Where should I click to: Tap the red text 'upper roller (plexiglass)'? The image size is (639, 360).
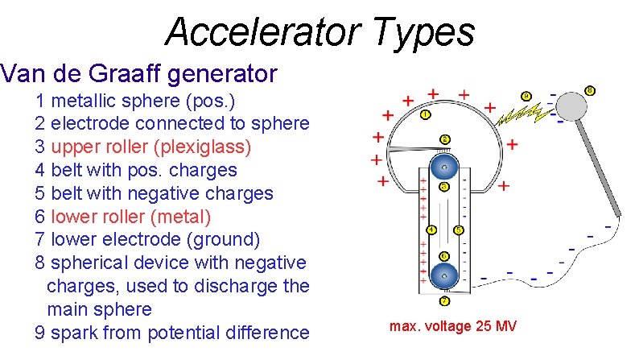pyautogui.click(x=150, y=147)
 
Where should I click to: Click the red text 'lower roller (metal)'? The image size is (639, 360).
pyautogui.click(x=130, y=217)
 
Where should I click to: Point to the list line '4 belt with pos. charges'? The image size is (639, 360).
pyautogui.click(x=136, y=170)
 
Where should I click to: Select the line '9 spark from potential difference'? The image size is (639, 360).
pyautogui.click(x=171, y=333)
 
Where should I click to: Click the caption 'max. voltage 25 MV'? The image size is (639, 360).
pyautogui.click(x=452, y=326)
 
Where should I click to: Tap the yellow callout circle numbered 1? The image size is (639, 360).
pyautogui.click(x=426, y=114)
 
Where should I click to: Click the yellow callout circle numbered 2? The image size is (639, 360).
pyautogui.click(x=444, y=139)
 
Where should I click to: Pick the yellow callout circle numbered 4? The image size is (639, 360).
pyautogui.click(x=431, y=230)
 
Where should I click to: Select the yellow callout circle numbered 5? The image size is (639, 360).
pyautogui.click(x=459, y=230)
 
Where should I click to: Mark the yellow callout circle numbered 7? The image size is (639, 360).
pyautogui.click(x=444, y=301)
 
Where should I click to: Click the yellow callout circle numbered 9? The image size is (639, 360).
pyautogui.click(x=526, y=97)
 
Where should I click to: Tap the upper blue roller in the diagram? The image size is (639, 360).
pyautogui.click(x=443, y=169)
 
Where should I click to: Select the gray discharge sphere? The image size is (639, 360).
pyautogui.click(x=572, y=104)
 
